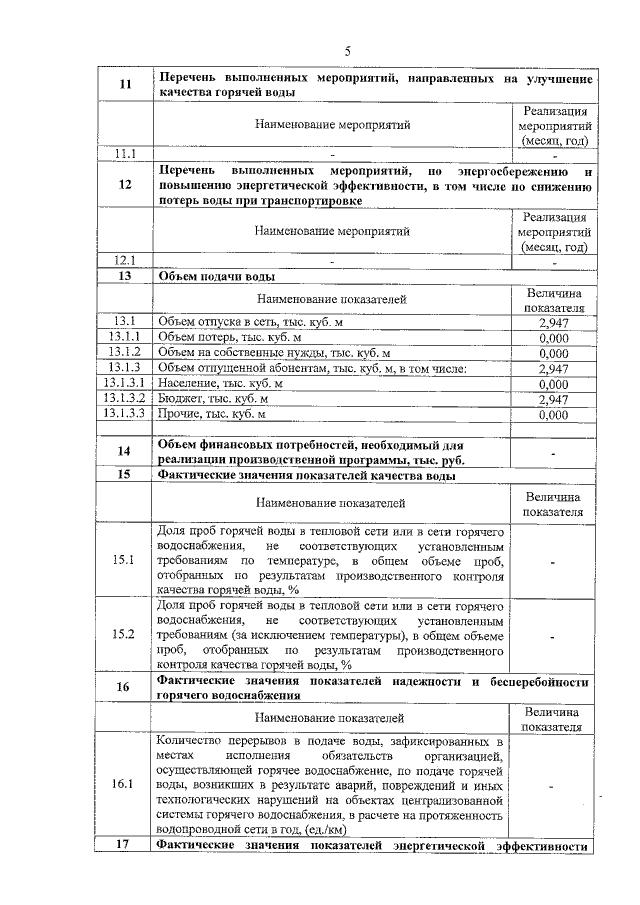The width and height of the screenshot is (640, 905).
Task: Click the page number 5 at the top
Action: (348, 51)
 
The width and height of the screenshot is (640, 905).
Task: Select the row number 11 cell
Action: (125, 85)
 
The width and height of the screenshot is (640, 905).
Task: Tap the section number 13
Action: (125, 276)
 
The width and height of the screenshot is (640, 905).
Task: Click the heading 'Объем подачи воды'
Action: (217, 277)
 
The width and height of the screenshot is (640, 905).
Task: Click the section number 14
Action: (125, 452)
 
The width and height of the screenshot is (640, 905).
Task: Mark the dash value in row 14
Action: (553, 452)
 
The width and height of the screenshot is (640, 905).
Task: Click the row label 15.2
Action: (125, 634)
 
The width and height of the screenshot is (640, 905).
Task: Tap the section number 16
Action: (125, 687)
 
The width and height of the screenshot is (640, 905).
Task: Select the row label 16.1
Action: (125, 783)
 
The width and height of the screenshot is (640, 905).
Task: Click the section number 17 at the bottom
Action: (125, 846)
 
